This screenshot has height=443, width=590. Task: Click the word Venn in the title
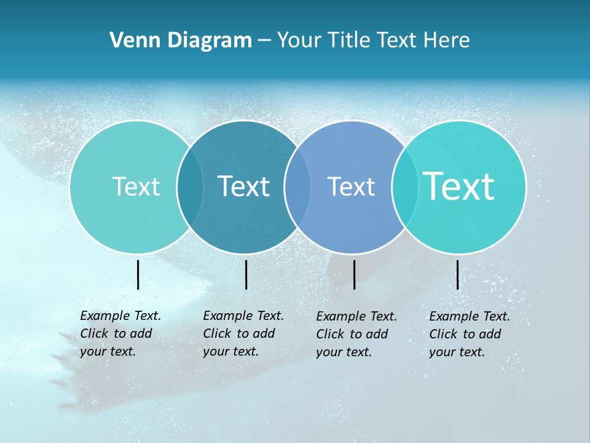(132, 41)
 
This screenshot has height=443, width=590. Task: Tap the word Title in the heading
(348, 41)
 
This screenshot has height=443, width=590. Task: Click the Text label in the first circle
(136, 186)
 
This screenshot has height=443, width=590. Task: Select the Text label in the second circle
(243, 186)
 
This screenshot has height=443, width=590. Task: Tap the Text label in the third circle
(351, 186)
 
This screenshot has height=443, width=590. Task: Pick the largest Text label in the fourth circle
(459, 186)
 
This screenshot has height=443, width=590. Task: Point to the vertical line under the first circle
(138, 274)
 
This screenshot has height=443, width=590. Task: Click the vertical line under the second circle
(246, 274)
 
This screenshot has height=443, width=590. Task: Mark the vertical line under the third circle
(354, 274)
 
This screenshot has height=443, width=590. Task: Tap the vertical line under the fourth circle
(457, 274)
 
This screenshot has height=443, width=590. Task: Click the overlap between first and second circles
(190, 187)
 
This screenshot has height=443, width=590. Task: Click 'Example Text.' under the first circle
(120, 316)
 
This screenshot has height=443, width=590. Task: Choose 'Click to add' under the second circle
(238, 333)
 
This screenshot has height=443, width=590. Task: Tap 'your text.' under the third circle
(344, 352)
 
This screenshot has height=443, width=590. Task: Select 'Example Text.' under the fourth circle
(470, 316)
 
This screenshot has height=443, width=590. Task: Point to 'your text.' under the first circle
(108, 351)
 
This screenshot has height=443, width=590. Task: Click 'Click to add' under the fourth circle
(465, 334)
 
